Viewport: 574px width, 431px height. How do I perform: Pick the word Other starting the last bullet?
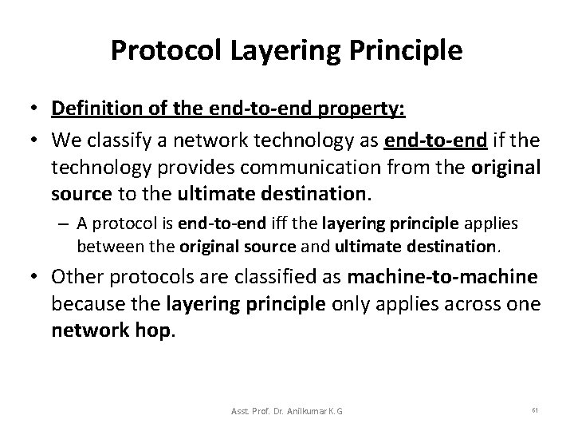point(79,276)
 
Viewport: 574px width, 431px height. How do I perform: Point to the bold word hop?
point(151,330)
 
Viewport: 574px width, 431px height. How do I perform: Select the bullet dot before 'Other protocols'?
point(37,277)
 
